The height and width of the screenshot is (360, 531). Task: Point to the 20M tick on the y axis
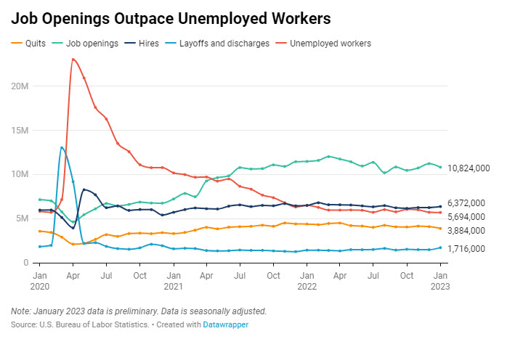pos(20,86)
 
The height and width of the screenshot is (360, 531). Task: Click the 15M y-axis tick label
pos(20,130)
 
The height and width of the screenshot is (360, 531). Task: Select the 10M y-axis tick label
pos(20,174)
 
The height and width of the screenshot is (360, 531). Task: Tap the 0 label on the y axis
pos(25,263)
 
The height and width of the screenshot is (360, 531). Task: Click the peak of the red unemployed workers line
pos(73,59)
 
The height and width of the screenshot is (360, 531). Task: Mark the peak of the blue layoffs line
pos(62,147)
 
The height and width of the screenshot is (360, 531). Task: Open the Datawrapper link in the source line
pos(226,324)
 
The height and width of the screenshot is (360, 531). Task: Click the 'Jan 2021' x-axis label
pos(173,281)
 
